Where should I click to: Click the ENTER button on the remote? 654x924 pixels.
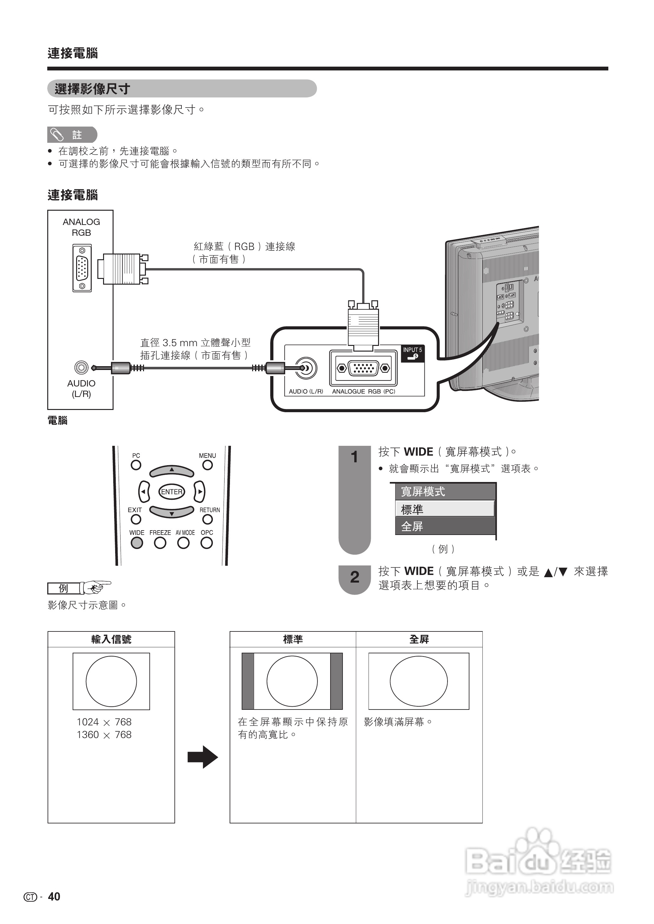172,492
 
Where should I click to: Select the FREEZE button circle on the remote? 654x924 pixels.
160,543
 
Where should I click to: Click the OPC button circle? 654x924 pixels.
206,543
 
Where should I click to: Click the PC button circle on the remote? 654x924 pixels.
136,465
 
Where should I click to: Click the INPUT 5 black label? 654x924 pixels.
412,353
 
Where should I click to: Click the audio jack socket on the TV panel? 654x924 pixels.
306,368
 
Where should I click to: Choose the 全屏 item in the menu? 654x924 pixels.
445,526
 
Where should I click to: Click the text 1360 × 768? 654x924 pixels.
104,735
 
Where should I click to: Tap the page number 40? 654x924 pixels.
54,897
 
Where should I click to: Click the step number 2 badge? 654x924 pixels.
354,577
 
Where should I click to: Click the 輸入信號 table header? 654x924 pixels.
111,639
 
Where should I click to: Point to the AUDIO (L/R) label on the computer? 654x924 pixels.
81,389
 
